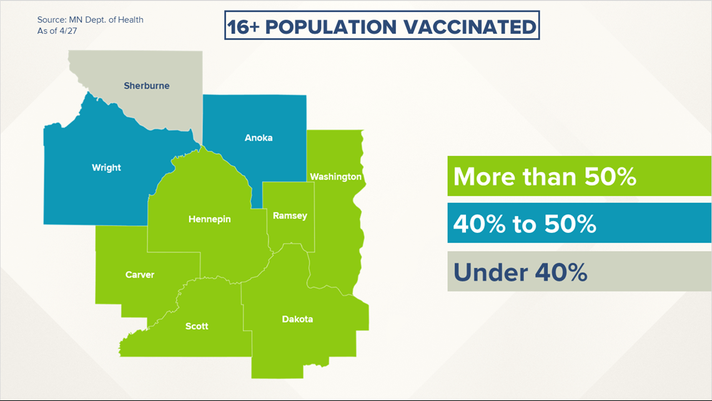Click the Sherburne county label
point(147,86)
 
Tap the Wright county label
point(106,168)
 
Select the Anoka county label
point(259,138)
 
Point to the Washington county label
point(335,177)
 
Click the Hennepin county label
point(209,219)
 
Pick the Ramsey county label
point(290,215)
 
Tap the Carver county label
point(139,275)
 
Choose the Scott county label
point(197,326)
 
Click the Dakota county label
point(297,319)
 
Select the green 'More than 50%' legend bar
point(580,176)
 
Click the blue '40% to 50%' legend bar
point(580,223)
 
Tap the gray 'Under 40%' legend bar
point(580,272)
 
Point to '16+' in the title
point(243,27)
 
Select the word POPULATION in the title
point(331,27)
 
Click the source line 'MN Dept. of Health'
point(106,19)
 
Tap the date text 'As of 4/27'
point(57,31)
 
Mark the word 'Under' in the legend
point(490,272)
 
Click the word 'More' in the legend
point(485,176)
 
